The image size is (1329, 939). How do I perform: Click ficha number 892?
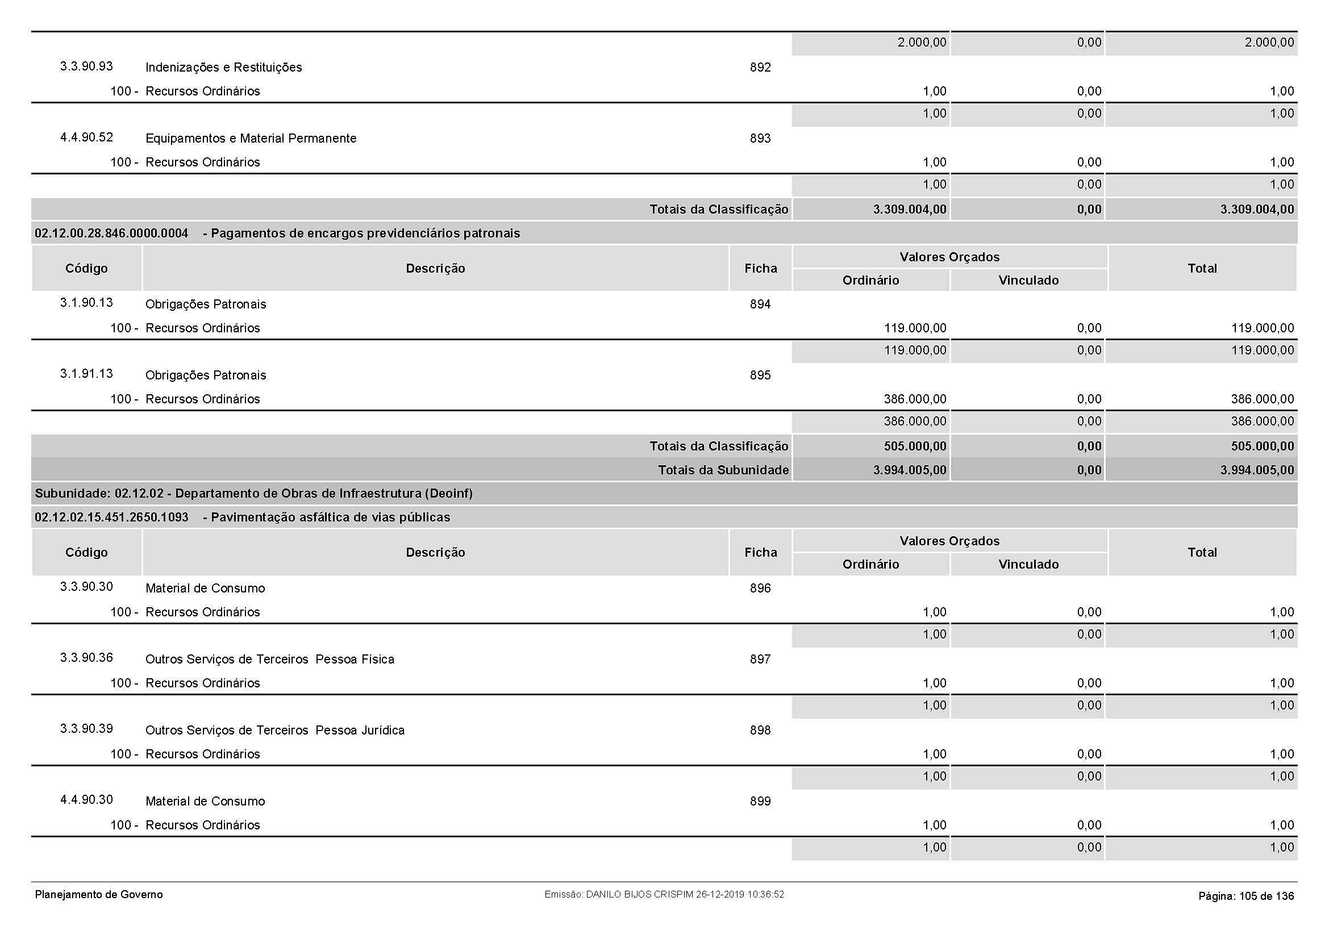(760, 67)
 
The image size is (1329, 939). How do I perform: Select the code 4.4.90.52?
(86, 137)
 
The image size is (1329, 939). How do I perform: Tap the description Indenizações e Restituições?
(223, 67)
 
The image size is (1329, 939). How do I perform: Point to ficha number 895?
(760, 375)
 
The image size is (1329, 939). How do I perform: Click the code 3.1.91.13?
(86, 374)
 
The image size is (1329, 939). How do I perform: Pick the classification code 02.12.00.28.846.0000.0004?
(111, 233)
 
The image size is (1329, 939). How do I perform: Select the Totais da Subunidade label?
(723, 470)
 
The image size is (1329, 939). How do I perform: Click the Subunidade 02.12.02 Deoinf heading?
(253, 494)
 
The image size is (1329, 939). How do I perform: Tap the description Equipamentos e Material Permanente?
(251, 138)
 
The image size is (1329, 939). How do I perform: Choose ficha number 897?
(760, 659)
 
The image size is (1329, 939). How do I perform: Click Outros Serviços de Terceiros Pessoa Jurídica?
(275, 730)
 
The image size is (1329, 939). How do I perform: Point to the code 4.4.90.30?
(86, 800)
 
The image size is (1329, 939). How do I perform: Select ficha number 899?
(760, 802)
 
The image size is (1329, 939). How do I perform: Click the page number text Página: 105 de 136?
(1245, 896)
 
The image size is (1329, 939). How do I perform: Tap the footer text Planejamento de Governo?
(99, 895)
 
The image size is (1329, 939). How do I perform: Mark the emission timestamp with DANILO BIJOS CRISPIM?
(664, 895)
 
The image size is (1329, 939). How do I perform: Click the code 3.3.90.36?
(86, 658)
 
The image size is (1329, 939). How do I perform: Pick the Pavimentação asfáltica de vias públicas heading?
(330, 518)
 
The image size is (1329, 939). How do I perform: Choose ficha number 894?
(760, 304)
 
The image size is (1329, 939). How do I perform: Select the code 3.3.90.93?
(86, 66)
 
